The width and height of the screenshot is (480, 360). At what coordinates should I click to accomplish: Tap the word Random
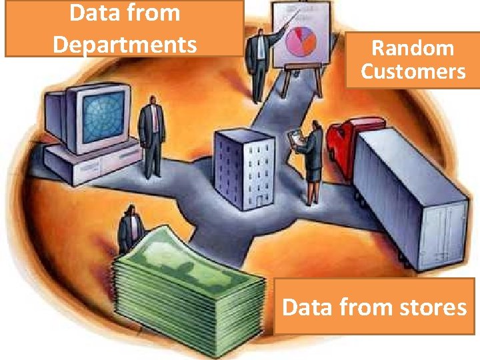pos(413,48)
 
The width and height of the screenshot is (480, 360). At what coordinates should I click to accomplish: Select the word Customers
pos(413,71)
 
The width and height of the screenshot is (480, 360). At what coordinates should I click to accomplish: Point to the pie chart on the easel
pos(301,39)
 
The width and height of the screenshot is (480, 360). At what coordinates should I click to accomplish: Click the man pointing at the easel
pos(257,63)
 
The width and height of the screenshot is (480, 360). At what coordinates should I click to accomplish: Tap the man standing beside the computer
pos(152,133)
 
